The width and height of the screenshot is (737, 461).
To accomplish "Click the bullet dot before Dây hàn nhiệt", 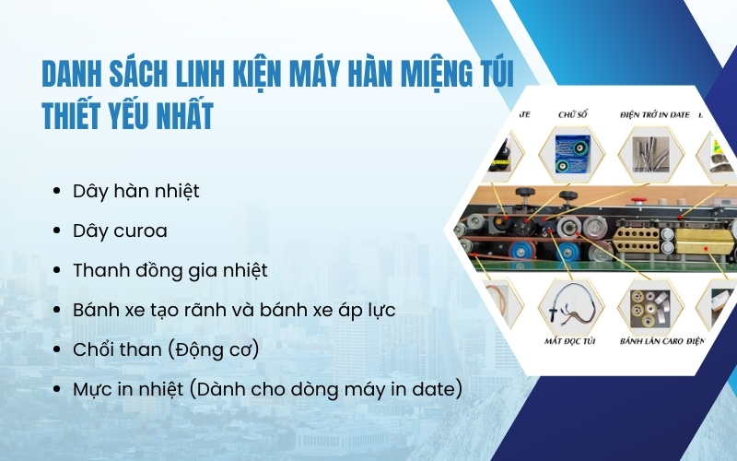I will tap(58, 192).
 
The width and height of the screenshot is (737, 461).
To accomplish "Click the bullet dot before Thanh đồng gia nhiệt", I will tap(58, 270).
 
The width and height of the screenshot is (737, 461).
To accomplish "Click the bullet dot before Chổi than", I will tap(58, 349).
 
